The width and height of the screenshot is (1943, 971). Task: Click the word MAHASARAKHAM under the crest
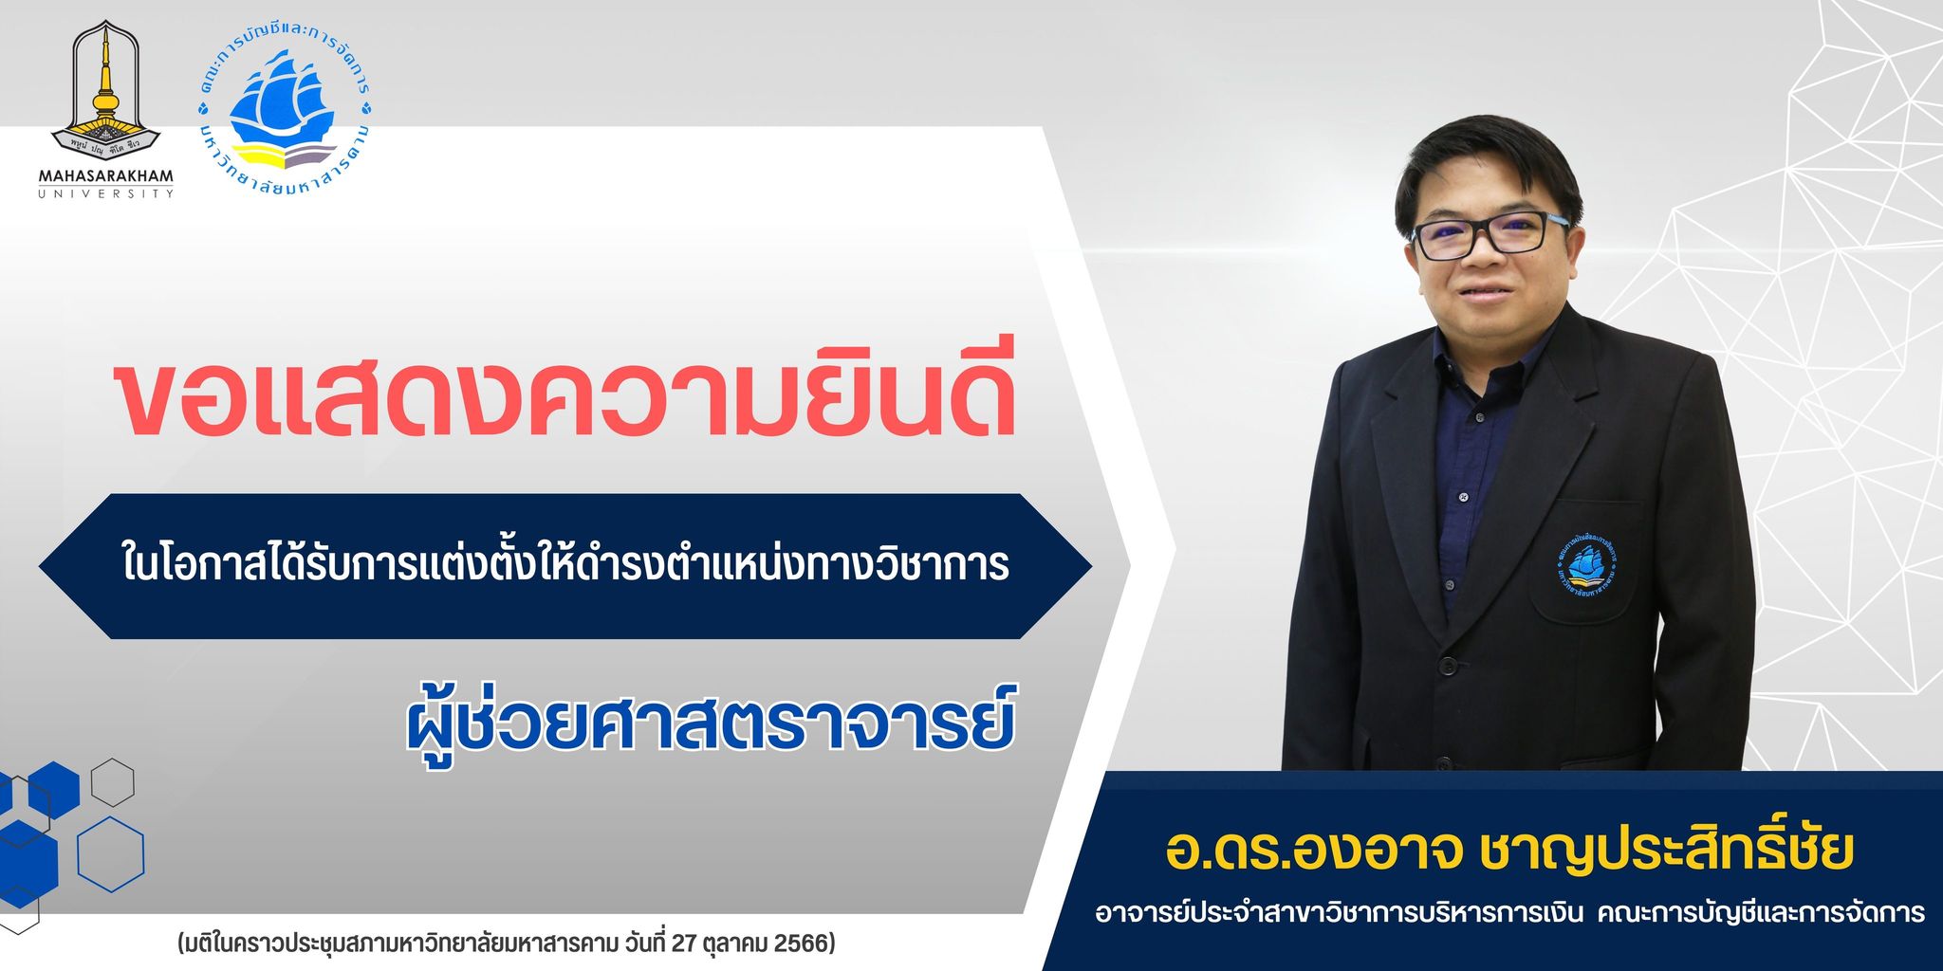pyautogui.click(x=106, y=176)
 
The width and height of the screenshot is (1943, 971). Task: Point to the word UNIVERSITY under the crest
pyautogui.click(x=106, y=193)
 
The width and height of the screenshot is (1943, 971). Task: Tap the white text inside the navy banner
pyautogui.click(x=564, y=565)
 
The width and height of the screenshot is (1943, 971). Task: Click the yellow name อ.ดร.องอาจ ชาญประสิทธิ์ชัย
pyautogui.click(x=1508, y=851)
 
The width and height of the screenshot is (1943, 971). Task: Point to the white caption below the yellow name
pyautogui.click(x=1508, y=913)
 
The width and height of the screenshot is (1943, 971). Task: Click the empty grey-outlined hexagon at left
pyautogui.click(x=112, y=783)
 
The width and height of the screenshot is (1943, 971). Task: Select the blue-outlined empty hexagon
pyautogui.click(x=110, y=852)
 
